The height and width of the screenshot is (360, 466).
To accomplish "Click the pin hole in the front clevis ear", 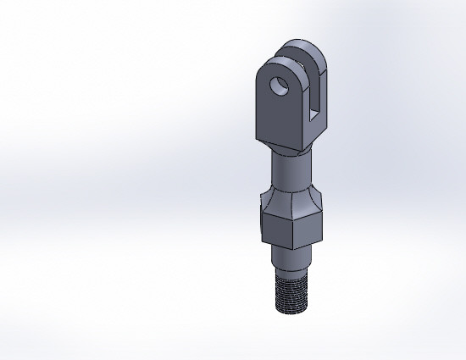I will tap(276, 86).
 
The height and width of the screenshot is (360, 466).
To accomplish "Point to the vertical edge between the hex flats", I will tap(295, 231).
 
